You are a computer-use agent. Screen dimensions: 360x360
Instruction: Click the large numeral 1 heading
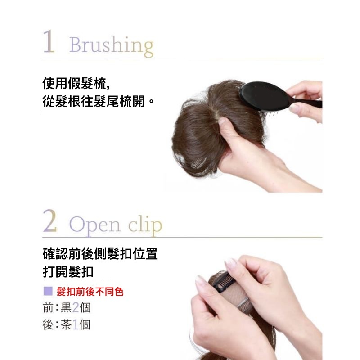[x=49, y=41]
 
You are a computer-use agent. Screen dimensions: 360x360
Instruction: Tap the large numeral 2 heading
[x=50, y=220]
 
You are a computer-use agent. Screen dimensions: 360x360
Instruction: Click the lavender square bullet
[x=48, y=291]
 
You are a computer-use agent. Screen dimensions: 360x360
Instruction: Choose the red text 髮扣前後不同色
[x=90, y=292]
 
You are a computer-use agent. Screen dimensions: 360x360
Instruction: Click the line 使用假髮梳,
[x=76, y=83]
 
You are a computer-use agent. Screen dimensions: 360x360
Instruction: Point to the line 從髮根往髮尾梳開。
[x=98, y=101]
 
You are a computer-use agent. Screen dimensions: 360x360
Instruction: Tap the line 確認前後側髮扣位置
[x=100, y=254]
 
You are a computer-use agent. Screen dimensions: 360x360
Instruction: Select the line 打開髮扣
[x=68, y=272]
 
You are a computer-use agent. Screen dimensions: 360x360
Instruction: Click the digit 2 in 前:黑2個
[x=76, y=308]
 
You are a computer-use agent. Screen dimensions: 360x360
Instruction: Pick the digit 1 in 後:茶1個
[x=76, y=325]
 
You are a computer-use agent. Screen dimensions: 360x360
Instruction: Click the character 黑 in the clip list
[x=66, y=308]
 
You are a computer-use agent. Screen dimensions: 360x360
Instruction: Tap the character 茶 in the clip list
[x=66, y=325]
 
